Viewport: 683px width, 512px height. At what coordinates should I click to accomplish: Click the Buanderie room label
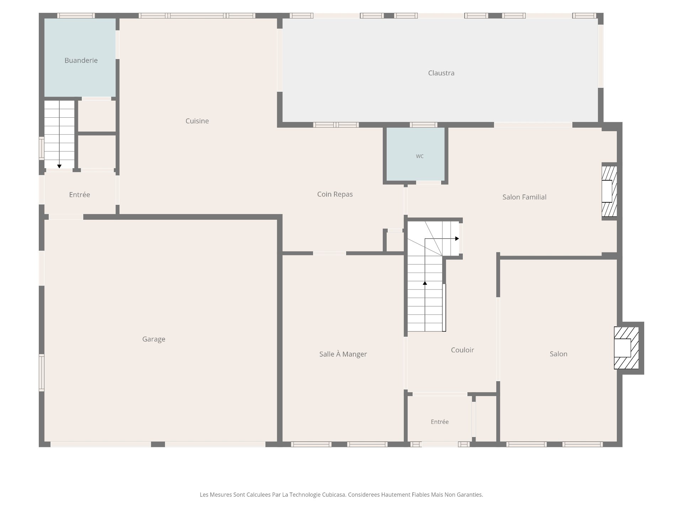[81, 60]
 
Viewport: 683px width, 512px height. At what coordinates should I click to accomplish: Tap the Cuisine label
[197, 121]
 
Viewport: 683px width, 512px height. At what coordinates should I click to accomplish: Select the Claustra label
[441, 73]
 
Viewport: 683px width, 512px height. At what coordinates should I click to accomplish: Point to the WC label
[420, 156]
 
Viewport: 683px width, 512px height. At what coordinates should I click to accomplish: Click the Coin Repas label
[335, 194]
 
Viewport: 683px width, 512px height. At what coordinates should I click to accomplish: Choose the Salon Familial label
[524, 197]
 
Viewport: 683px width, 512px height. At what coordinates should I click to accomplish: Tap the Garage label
[154, 339]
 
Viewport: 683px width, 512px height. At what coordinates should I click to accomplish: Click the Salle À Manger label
[343, 354]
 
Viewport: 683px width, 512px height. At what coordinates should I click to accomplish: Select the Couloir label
[462, 350]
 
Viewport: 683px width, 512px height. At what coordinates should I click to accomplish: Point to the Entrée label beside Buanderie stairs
[79, 194]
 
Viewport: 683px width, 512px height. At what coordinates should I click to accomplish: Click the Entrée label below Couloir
[440, 422]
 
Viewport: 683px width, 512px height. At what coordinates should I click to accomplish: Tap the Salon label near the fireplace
[558, 354]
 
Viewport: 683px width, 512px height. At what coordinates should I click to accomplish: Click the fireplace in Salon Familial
[609, 191]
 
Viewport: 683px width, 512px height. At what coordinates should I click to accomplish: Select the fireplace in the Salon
[626, 348]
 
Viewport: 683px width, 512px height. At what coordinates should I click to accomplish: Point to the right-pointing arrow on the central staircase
[457, 239]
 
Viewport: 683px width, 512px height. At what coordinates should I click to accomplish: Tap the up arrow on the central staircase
[425, 283]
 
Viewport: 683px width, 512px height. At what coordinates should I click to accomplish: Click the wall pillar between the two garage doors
[158, 444]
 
